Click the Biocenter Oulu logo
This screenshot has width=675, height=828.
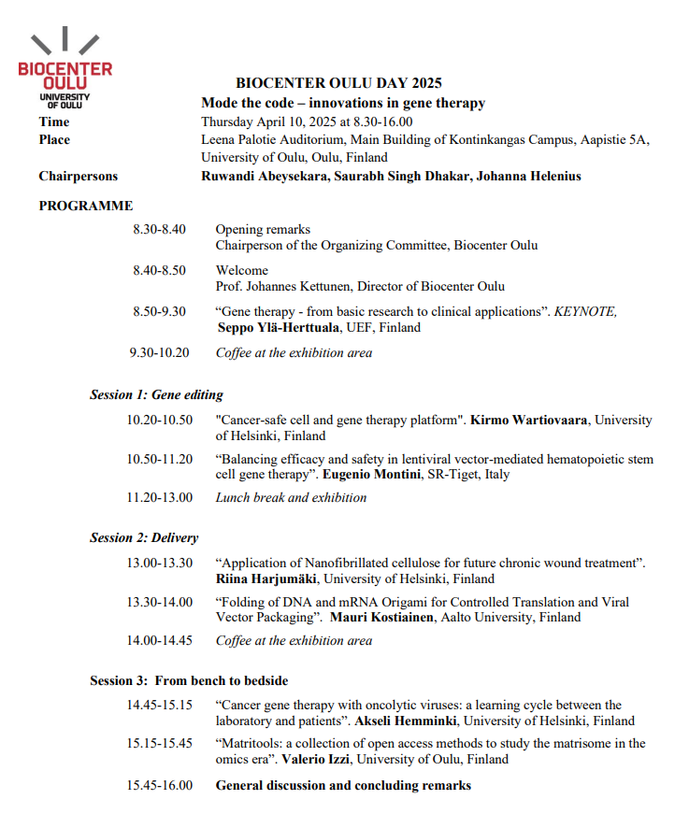(65, 69)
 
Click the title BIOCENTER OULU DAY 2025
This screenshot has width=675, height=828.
(338, 83)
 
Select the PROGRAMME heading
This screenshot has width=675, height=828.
(86, 206)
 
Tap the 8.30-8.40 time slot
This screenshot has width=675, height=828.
(160, 229)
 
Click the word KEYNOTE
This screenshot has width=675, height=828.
(585, 311)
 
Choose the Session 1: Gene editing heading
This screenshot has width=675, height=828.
(156, 394)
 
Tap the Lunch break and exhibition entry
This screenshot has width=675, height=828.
(291, 497)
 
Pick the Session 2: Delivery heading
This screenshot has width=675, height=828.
(144, 537)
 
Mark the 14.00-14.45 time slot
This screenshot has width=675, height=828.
(160, 640)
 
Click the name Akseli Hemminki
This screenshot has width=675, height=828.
(408, 721)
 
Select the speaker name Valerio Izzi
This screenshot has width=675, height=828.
(318, 759)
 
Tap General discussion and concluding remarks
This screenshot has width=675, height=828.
(343, 785)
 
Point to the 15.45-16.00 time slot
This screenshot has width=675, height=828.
(160, 785)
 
